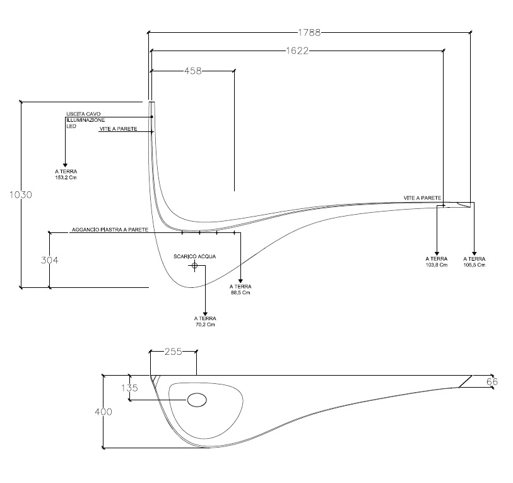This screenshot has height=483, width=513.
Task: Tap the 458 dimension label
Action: click(192, 71)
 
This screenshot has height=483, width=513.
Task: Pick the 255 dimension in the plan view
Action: click(173, 352)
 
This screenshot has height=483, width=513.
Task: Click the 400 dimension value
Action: click(103, 412)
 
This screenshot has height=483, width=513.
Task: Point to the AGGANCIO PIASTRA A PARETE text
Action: click(109, 230)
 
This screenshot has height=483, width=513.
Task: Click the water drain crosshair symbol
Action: click(194, 266)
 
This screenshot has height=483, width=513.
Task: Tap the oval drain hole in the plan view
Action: click(198, 399)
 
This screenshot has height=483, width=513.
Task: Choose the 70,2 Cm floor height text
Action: click(205, 325)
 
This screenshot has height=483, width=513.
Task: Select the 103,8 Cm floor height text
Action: click(437, 265)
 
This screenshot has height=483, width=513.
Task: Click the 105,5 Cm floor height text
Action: click(474, 265)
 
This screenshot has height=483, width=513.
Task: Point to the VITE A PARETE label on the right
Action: click(422, 198)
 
